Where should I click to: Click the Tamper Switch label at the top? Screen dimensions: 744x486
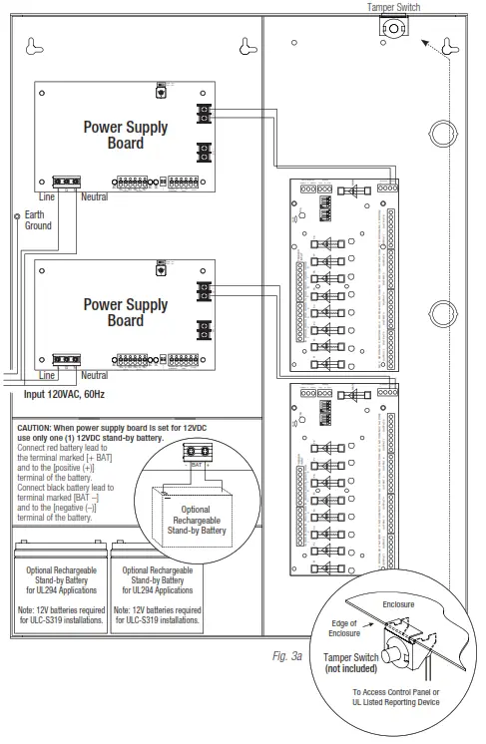393,7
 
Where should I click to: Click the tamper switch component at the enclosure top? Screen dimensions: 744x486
391,30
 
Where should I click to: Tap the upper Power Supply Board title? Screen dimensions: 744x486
126,135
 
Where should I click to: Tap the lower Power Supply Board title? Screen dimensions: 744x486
126,311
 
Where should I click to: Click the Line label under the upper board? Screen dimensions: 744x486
46,197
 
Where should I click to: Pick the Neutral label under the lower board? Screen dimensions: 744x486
94,375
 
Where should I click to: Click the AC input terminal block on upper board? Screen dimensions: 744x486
66,183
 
